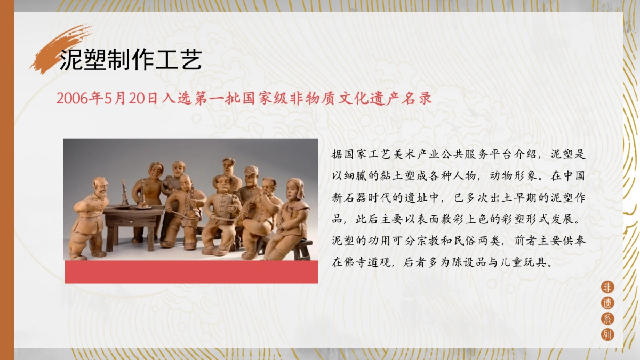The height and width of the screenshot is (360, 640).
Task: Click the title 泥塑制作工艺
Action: coord(130,60)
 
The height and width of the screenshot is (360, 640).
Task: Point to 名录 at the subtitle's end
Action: coord(418,99)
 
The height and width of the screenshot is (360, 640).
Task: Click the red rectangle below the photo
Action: coord(191,272)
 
